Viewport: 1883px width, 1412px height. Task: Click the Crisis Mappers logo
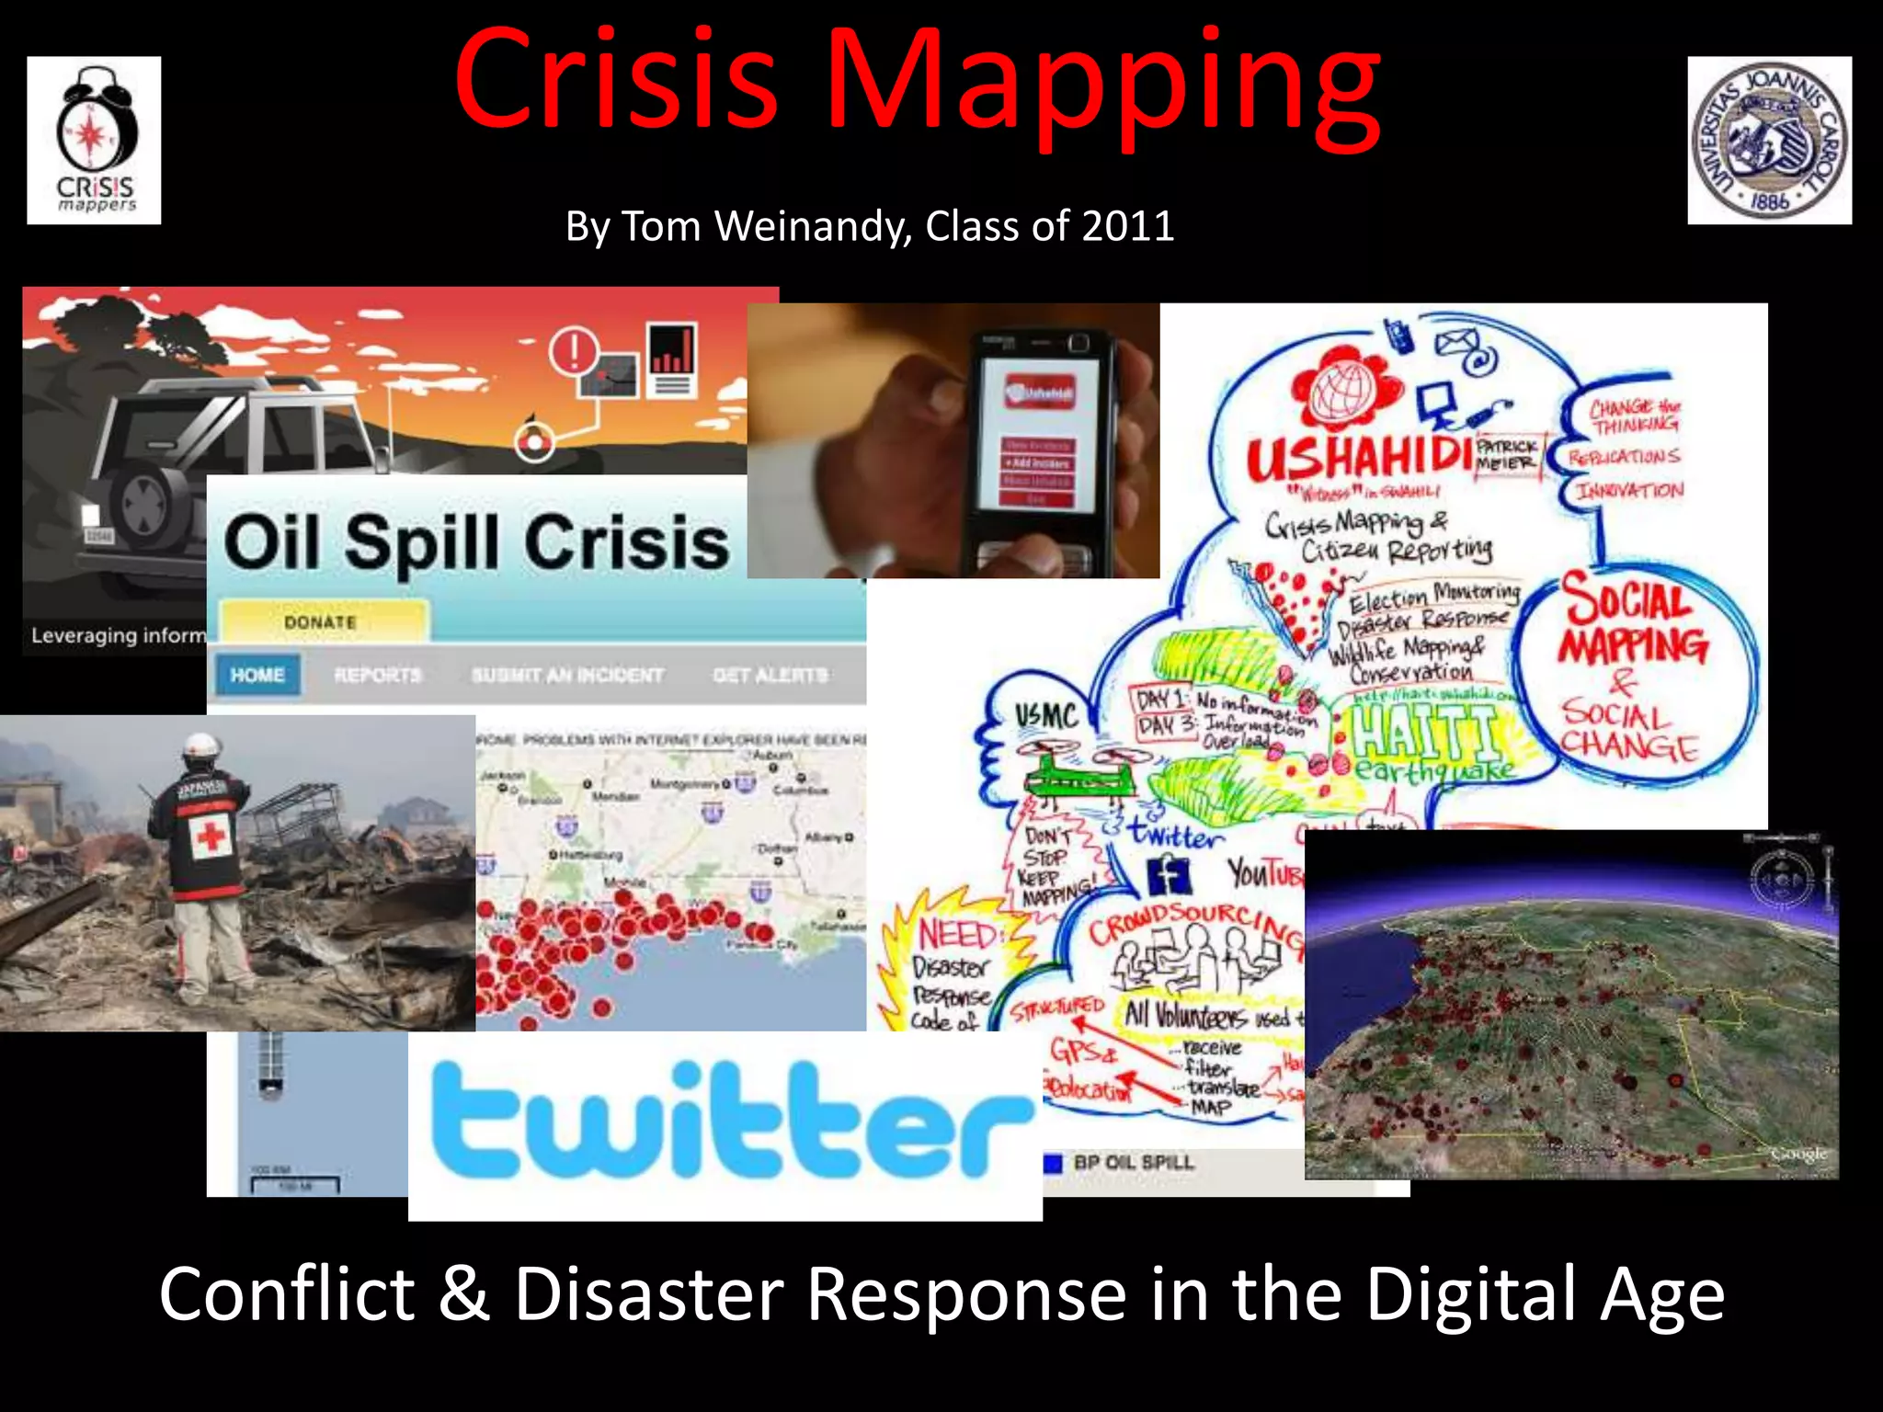pos(94,141)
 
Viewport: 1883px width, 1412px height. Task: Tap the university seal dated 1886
pos(1769,141)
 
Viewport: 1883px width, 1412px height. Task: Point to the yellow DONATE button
pos(321,622)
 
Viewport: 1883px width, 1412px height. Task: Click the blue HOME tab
pos(257,675)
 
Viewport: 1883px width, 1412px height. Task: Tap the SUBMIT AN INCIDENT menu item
pos(566,675)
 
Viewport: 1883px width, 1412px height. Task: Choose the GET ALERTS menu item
pos(770,675)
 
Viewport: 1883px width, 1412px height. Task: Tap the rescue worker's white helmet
pos(200,746)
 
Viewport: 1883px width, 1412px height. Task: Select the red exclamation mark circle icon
pos(574,350)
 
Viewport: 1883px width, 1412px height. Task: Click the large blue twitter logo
pos(731,1121)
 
